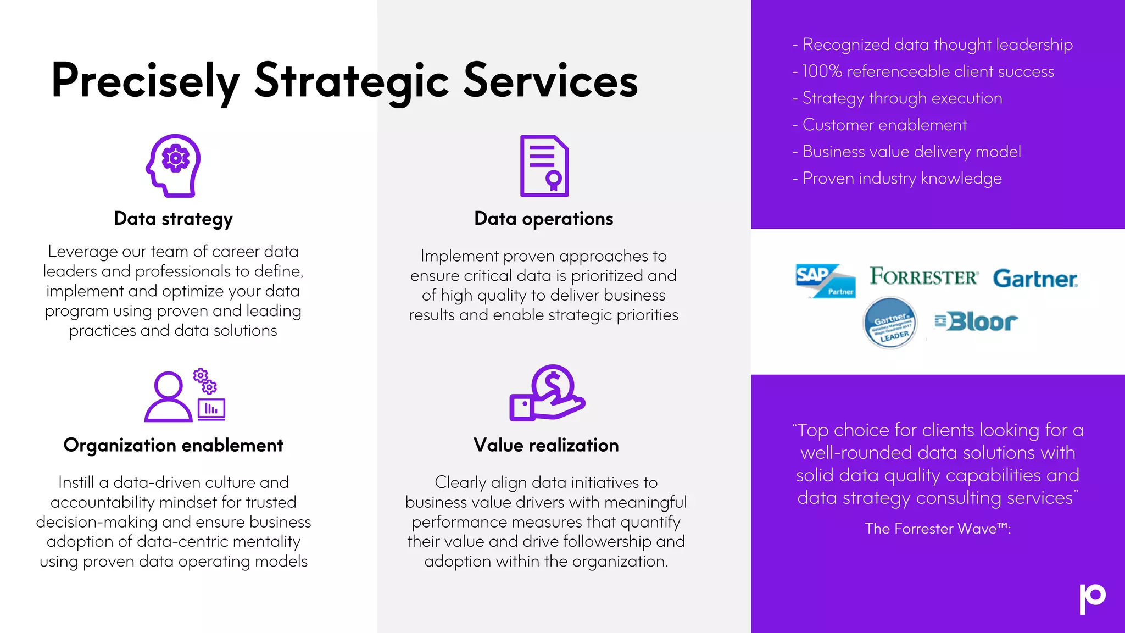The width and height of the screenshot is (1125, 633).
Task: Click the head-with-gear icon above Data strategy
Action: (x=174, y=165)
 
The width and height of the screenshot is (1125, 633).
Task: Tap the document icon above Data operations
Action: (x=544, y=165)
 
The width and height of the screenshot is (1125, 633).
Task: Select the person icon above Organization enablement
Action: (x=168, y=397)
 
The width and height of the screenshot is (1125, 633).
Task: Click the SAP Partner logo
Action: (x=825, y=280)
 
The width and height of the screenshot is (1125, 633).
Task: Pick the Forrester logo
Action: (x=923, y=276)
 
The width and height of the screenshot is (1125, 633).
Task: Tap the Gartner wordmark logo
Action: (x=1035, y=279)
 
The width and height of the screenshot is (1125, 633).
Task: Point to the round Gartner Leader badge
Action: (x=890, y=323)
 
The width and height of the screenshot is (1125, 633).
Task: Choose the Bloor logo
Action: (x=976, y=321)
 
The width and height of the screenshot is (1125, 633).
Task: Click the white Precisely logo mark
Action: (x=1092, y=598)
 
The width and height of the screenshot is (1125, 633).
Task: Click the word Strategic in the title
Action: (x=352, y=81)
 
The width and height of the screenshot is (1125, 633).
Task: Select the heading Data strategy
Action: (x=173, y=219)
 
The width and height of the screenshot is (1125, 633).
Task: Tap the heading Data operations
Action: (x=543, y=219)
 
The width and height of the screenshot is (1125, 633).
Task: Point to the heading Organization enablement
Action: (x=173, y=445)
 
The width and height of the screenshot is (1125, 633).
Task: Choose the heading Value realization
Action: (x=546, y=445)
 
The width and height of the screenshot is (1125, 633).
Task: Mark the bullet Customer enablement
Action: (x=884, y=125)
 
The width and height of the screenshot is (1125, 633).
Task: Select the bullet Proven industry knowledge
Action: (x=902, y=179)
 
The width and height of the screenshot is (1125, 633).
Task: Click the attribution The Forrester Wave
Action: (x=937, y=529)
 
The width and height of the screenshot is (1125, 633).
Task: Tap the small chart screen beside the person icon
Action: (x=211, y=409)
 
